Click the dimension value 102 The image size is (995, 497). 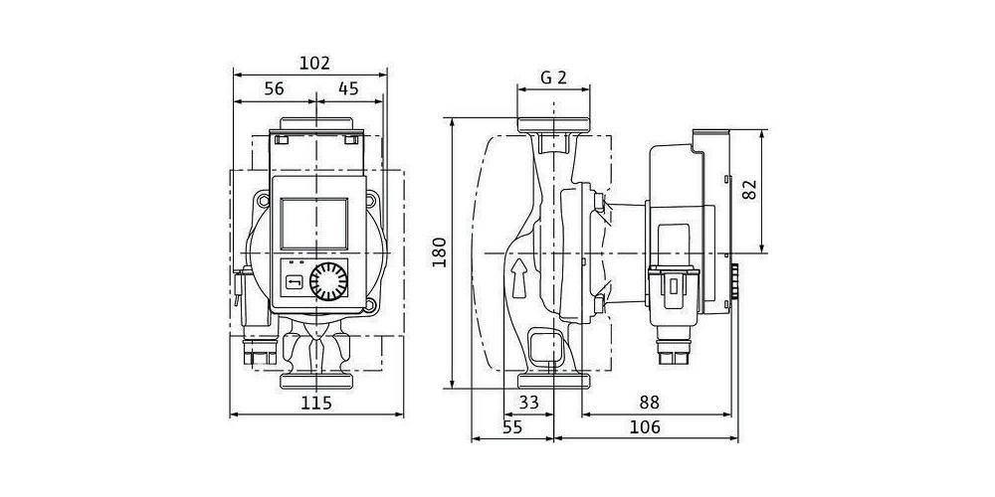click(x=314, y=64)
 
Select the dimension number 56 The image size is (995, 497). click(x=275, y=88)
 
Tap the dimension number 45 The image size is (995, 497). click(x=347, y=88)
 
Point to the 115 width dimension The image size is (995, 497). click(x=316, y=404)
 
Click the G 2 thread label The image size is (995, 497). click(x=553, y=78)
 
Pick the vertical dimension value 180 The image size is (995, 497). click(x=440, y=252)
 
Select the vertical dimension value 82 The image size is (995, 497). click(x=750, y=190)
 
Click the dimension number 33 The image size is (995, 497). click(x=528, y=402)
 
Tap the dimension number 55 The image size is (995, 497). click(x=512, y=427)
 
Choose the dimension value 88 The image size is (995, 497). click(x=649, y=402)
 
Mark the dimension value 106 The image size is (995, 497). click(x=646, y=427)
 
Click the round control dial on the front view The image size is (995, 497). click(x=328, y=281)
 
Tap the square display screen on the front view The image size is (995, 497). click(x=314, y=223)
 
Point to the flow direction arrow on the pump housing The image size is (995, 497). click(x=519, y=277)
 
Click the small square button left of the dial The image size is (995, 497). click(x=294, y=281)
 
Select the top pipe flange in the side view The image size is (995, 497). click(x=554, y=125)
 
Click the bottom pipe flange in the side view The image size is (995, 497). click(x=554, y=381)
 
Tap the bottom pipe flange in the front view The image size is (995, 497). click(x=316, y=381)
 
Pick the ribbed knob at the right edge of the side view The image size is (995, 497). click(x=735, y=281)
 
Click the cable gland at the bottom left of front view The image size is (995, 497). click(x=260, y=353)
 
